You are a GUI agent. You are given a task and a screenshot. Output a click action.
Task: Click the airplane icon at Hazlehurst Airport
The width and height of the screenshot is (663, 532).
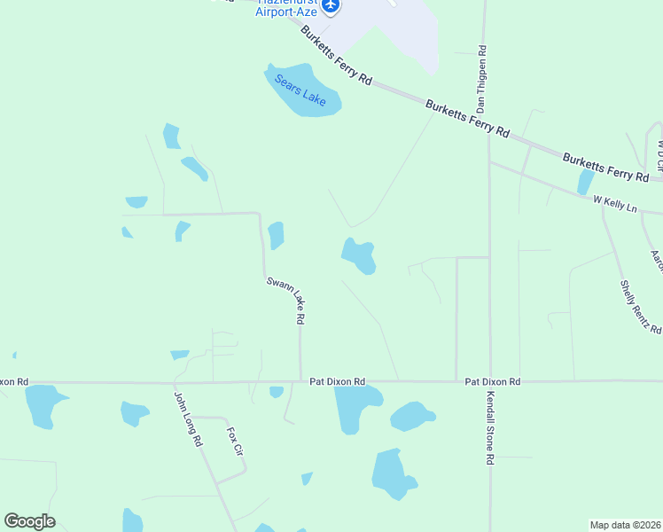click(x=331, y=5)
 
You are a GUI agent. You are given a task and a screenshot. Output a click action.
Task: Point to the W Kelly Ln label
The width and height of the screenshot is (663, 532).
click(x=615, y=203)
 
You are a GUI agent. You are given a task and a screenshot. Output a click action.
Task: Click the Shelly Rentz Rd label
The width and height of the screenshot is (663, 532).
click(x=640, y=307)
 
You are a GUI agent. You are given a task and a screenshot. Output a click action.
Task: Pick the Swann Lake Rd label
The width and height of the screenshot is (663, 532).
click(x=286, y=300)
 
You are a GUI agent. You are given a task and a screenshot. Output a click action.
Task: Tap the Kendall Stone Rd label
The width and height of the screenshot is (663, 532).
click(x=488, y=428)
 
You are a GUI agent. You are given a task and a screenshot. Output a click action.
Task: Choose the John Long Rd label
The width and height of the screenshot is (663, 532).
click(x=187, y=419)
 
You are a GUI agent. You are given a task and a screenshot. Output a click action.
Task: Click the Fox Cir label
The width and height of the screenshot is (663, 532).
click(x=235, y=441)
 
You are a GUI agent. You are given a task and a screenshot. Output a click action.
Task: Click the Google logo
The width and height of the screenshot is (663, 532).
click(x=29, y=521)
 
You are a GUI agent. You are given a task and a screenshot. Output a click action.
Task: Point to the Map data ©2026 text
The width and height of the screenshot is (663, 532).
click(x=626, y=525)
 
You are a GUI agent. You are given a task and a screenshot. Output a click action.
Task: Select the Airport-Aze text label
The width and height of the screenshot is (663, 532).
click(x=285, y=12)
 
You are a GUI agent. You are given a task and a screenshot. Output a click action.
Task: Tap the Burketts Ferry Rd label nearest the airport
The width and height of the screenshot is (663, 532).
click(x=336, y=55)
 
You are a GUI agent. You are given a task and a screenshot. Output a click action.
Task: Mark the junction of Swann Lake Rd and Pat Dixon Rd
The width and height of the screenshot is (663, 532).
click(x=300, y=382)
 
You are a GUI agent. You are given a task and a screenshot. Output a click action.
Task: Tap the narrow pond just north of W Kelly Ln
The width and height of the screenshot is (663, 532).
click(x=585, y=182)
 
